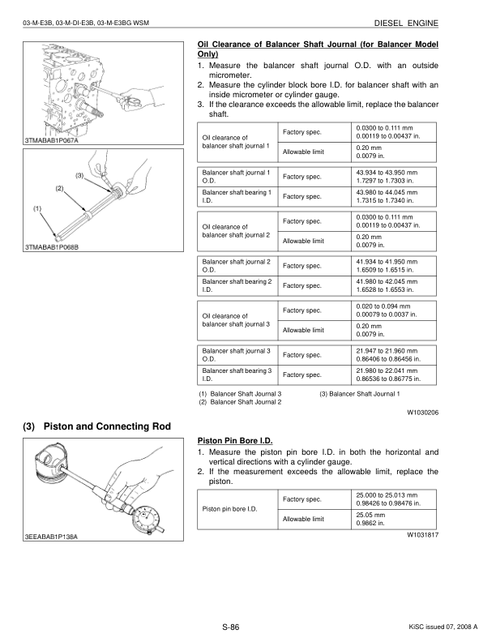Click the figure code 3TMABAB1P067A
point(56,142)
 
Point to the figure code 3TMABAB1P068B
point(57,246)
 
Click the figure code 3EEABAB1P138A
point(56,537)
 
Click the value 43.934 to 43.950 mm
point(386,173)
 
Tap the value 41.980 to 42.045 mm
point(386,280)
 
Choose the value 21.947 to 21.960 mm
point(386,350)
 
